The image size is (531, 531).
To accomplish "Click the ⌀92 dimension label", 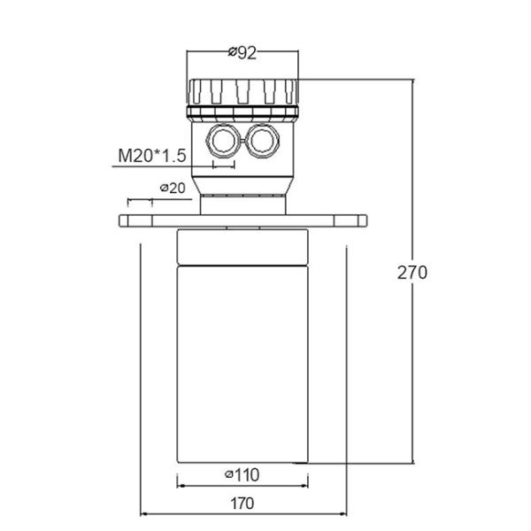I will (x=242, y=53).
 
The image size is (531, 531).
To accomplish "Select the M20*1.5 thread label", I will (x=152, y=157).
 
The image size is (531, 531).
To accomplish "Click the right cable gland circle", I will (x=262, y=139).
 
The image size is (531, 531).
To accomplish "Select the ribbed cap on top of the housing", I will (x=242, y=91).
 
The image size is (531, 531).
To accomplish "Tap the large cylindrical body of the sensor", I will (x=242, y=363).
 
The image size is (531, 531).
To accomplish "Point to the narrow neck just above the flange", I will (x=242, y=204).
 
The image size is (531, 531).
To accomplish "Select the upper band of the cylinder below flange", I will (x=242, y=247).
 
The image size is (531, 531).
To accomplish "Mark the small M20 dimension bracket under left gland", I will (x=223, y=165).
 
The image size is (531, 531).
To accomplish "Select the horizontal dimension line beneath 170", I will (x=242, y=514).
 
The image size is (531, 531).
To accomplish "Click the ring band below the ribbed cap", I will (x=242, y=112).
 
